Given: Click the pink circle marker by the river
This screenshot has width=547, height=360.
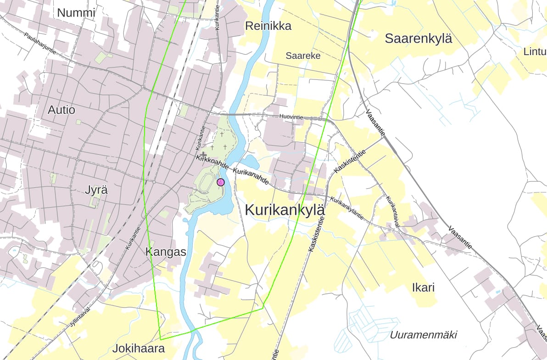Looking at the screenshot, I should [220, 182].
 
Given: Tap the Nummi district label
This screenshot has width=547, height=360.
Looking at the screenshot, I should [76, 13].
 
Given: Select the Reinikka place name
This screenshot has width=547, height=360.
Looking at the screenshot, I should [268, 26].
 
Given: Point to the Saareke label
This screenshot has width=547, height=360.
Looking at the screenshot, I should [303, 56].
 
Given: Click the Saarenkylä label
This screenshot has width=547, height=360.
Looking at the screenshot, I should [418, 39].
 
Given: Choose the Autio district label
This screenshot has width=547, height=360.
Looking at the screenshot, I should [61, 110].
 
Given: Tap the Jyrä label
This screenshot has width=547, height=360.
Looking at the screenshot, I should [96, 190].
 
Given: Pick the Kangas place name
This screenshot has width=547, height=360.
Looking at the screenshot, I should [166, 252].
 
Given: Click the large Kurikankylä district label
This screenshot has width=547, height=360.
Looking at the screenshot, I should [285, 210].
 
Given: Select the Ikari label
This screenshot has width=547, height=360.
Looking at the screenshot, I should [423, 288].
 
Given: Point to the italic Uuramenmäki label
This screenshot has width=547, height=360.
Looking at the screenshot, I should [423, 335].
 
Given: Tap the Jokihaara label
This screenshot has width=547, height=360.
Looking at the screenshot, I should [139, 349].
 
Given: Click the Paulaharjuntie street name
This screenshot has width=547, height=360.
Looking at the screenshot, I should [40, 44].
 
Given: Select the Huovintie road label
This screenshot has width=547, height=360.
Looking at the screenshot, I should [291, 117].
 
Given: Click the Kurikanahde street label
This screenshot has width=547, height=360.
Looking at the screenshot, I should [251, 176].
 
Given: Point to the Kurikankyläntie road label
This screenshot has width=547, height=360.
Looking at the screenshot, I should [347, 209].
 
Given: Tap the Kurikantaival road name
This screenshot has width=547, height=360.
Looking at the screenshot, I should [393, 211].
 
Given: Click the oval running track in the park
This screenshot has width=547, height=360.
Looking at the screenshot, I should [205, 182].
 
